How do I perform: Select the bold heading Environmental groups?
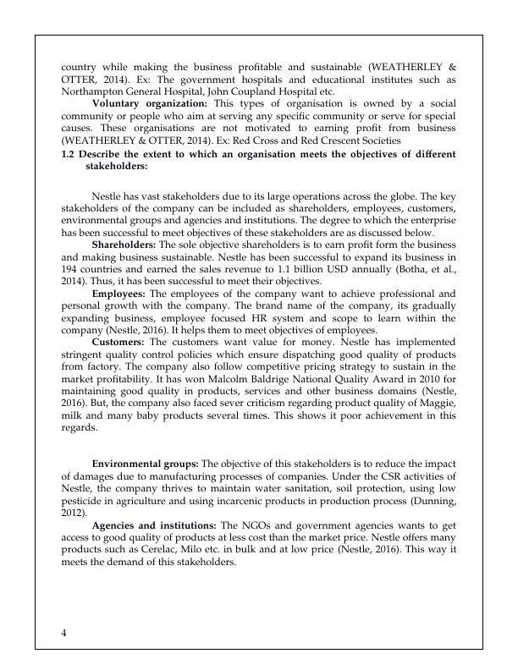pyautogui.click(x=144, y=464)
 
